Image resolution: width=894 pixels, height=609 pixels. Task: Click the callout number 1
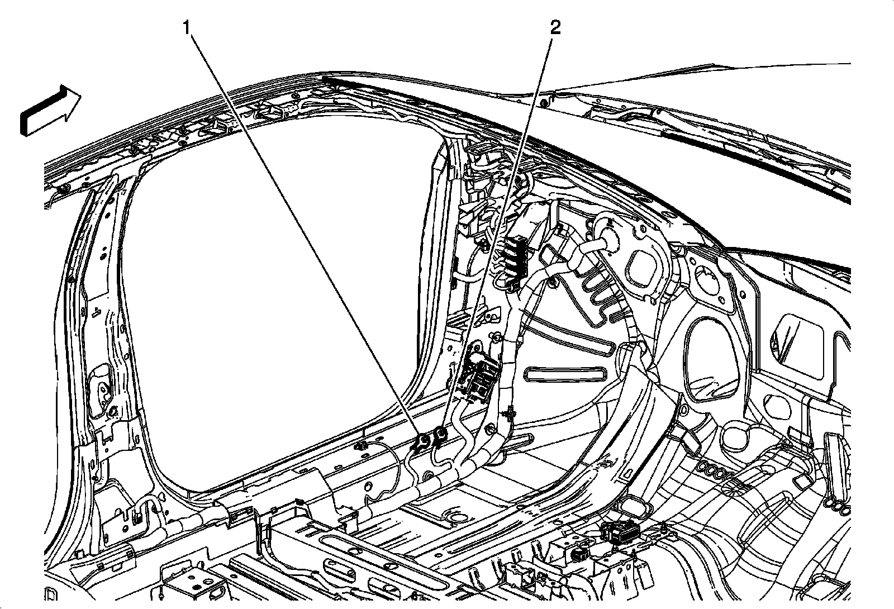coord(188,27)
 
